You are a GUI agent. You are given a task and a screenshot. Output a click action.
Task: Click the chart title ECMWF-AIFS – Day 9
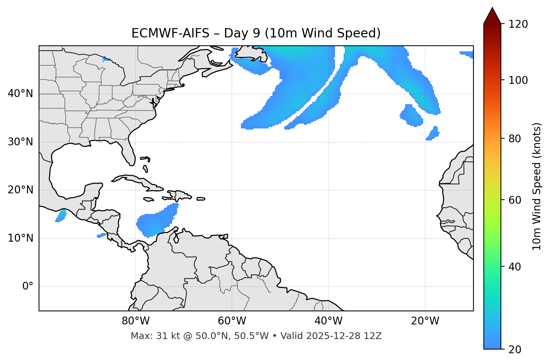256,33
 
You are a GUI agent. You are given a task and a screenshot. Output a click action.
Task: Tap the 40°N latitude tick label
20,94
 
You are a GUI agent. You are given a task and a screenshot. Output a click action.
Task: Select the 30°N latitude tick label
20,142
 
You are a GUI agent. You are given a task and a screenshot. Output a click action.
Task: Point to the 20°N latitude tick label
20,190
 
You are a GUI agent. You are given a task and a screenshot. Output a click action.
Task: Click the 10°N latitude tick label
20,238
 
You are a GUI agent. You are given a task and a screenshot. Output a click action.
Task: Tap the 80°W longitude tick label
135,321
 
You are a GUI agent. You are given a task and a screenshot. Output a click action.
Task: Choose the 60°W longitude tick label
232,321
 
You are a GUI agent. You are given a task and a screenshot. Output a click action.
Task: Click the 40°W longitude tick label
328,321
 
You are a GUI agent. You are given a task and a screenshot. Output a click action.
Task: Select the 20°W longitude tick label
425,321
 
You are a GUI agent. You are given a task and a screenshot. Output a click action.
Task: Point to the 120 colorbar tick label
518,24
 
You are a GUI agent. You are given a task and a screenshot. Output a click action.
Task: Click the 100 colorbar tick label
518,80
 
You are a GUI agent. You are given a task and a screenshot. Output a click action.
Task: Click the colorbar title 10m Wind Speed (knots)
537,187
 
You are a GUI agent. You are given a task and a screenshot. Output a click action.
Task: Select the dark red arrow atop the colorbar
492,16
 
